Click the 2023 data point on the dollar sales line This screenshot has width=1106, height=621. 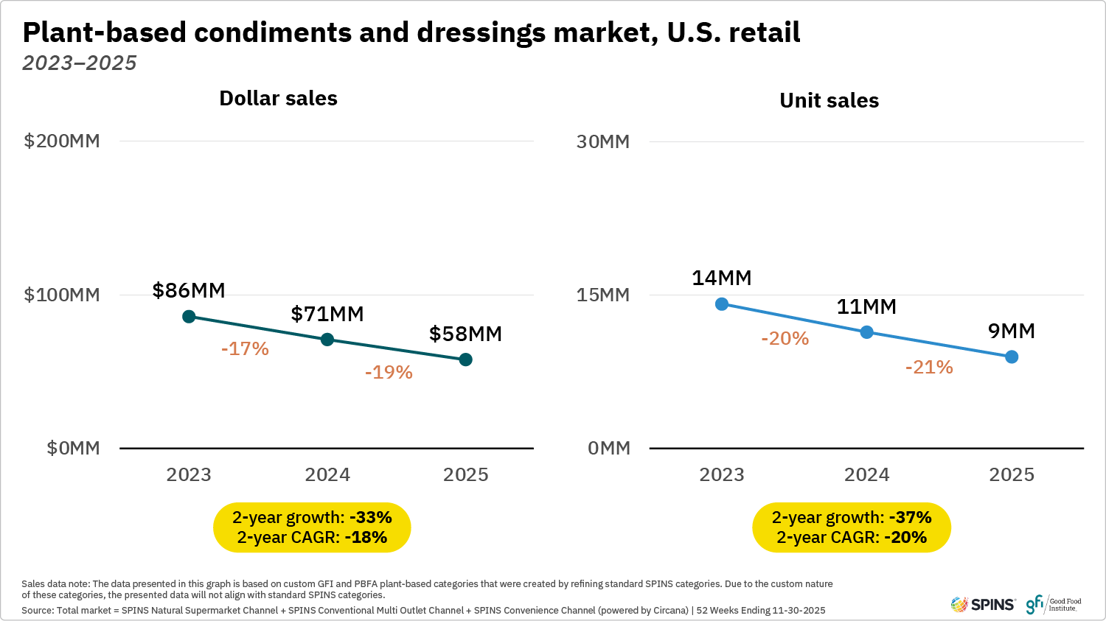click(x=189, y=317)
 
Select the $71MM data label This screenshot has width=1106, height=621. click(x=327, y=314)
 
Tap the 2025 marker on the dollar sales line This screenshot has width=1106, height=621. click(x=465, y=359)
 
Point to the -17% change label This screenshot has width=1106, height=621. click(x=245, y=348)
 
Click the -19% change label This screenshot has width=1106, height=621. click(x=389, y=372)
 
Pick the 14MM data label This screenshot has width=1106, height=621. click(x=721, y=278)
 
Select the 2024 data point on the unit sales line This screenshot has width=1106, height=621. click(x=866, y=332)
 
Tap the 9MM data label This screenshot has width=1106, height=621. click(x=1011, y=331)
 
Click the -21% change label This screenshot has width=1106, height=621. click(x=929, y=367)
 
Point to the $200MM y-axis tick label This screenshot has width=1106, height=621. click(x=62, y=141)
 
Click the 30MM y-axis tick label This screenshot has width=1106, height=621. click(x=603, y=141)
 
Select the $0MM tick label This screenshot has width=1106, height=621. click(x=73, y=448)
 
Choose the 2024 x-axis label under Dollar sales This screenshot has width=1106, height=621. click(x=327, y=474)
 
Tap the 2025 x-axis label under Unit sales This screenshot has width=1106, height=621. click(x=1011, y=474)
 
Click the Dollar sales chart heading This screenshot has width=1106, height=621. click(x=278, y=99)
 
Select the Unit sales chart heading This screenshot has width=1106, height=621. click(x=829, y=100)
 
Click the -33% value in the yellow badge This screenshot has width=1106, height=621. click(x=370, y=517)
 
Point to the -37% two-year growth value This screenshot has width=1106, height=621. click(x=910, y=517)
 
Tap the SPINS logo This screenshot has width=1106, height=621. click(x=983, y=605)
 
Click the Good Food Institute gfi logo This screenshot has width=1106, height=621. click(x=1054, y=605)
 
